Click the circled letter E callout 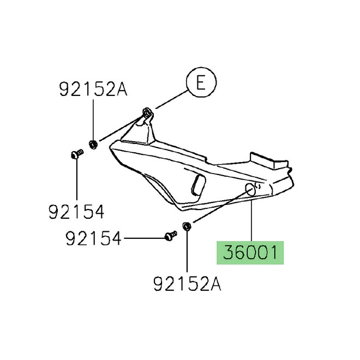[200, 83]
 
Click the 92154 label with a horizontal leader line [93, 238]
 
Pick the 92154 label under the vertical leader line [77, 211]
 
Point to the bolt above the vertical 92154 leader [76, 154]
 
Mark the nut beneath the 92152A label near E [93, 144]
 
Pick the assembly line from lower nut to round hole [218, 207]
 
